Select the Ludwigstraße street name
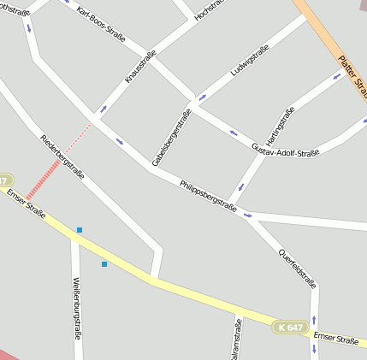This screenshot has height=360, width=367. (x=251, y=61)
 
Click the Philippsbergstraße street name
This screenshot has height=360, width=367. (x=208, y=195)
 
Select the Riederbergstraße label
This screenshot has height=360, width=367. (x=62, y=155)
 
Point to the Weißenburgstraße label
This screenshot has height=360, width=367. (x=77, y=308)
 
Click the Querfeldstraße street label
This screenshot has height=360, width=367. (x=299, y=269)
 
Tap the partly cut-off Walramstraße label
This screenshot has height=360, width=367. (x=238, y=340)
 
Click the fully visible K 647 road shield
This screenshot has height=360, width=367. (x=290, y=327)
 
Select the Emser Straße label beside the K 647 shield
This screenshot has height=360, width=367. (x=335, y=339)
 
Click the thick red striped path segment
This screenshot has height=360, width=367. (x=43, y=177)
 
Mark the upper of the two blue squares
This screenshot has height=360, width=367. (x=80, y=230)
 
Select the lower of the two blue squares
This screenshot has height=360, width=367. (x=104, y=264)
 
